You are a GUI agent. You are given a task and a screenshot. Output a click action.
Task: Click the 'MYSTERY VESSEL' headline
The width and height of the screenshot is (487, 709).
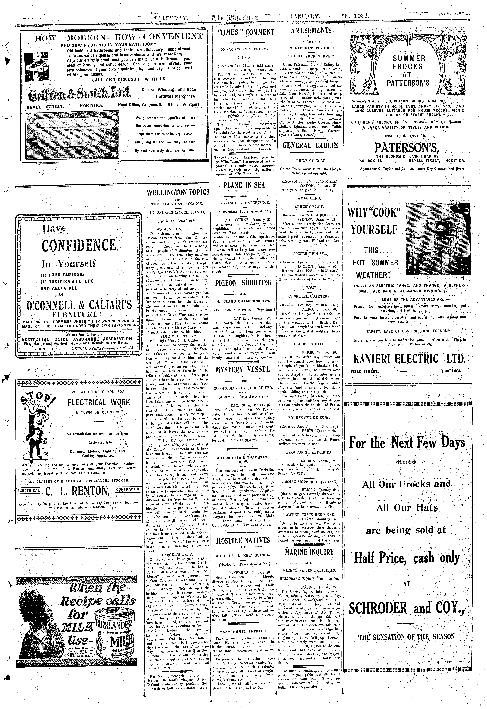pyautogui.click(x=243, y=370)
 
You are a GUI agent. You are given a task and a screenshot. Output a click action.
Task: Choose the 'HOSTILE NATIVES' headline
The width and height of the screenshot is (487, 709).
pyautogui.click(x=243, y=541)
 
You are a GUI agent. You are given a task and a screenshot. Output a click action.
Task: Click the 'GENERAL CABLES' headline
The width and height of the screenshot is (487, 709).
pyautogui.click(x=310, y=146)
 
